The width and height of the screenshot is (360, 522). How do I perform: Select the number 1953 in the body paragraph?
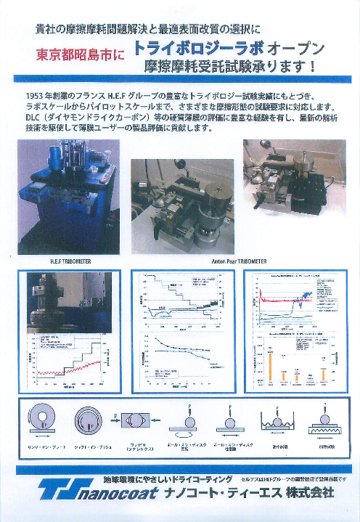click(x=35, y=96)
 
